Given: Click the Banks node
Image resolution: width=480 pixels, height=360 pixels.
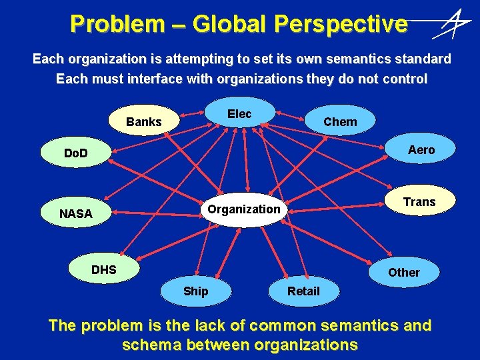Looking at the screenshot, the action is [144, 121].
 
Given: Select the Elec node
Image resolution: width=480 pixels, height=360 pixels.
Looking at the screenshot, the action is [239, 114].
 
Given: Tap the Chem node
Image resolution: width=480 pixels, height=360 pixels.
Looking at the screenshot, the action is [340, 121].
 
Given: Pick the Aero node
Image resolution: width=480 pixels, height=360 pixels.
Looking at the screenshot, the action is [421, 150].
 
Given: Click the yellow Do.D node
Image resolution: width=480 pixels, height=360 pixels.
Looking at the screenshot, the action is [76, 154].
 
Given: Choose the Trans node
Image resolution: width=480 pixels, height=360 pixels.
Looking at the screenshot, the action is [419, 202].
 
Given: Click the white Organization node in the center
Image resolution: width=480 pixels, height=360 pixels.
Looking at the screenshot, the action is [244, 209].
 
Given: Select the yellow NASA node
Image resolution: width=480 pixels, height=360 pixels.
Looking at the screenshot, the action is [76, 214].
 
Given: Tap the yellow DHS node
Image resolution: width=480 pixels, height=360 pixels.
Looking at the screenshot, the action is [104, 270].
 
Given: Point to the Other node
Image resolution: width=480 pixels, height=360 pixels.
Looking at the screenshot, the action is [404, 272].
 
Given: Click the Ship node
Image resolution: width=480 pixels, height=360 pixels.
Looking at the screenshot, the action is [195, 291].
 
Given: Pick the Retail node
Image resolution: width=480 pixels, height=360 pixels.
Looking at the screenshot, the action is [303, 291].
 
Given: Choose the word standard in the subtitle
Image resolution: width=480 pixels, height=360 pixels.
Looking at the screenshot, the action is [423, 59].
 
